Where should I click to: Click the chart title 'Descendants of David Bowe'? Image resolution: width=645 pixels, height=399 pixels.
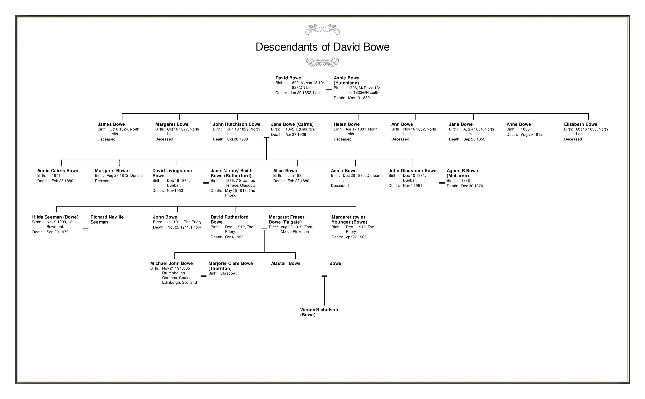(x=322, y=47)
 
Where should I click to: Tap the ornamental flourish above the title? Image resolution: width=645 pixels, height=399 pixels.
(x=322, y=30)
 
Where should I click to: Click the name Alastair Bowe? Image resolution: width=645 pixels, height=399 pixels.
(x=286, y=263)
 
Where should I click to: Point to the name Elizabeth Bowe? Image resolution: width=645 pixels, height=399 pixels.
(x=580, y=124)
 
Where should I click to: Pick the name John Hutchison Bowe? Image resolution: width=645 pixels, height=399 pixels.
(x=236, y=124)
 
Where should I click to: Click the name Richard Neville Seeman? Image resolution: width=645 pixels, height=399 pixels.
(x=107, y=219)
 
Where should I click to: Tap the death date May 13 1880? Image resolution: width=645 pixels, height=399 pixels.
(x=359, y=98)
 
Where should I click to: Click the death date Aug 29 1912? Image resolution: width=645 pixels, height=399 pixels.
(x=531, y=135)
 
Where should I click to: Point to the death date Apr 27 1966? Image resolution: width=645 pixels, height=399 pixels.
(x=356, y=237)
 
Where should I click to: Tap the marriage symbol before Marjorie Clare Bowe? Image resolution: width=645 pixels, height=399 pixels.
(x=204, y=276)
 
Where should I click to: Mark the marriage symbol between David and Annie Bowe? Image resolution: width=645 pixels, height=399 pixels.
(x=329, y=90)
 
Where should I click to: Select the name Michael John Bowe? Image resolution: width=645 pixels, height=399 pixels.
(x=171, y=263)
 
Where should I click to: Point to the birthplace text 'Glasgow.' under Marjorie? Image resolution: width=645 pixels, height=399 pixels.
(x=228, y=273)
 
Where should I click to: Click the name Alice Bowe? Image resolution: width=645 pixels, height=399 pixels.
(x=285, y=171)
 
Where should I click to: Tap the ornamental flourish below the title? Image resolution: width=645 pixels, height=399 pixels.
(x=322, y=63)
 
